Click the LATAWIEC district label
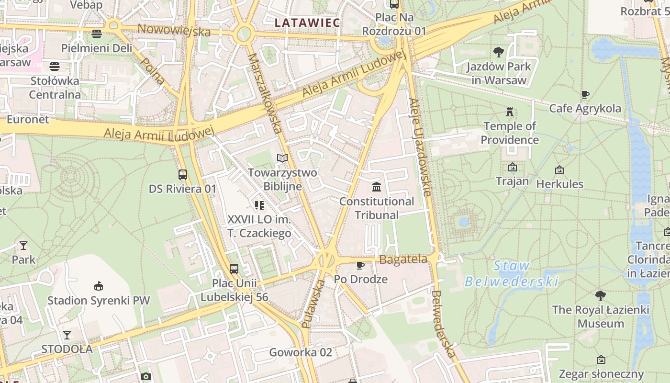pyautogui.click(x=307, y=23)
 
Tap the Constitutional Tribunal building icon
pyautogui.click(x=377, y=187)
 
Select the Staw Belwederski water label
pyautogui.click(x=511, y=273)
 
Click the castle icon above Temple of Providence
pyautogui.click(x=510, y=112)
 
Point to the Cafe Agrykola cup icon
pyautogui.click(x=585, y=94)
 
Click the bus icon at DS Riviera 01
pyautogui.click(x=182, y=174)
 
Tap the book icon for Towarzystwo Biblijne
pyautogui.click(x=282, y=158)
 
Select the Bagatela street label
pyautogui.click(x=403, y=259)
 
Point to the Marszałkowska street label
pyautogui.click(x=265, y=93)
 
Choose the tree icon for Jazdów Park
pyautogui.click(x=498, y=52)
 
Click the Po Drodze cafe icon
pyautogui.click(x=360, y=265)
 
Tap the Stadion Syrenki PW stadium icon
pyautogui.click(x=98, y=286)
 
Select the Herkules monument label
pyautogui.click(x=559, y=184)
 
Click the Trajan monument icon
pyautogui.click(x=513, y=167)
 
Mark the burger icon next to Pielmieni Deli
pyautogui.click(x=97, y=34)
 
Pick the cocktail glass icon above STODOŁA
pyautogui.click(x=67, y=335)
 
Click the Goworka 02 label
pyautogui.click(x=301, y=352)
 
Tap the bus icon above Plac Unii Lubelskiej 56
pyautogui.click(x=234, y=269)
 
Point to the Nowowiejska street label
pyautogui.click(x=174, y=30)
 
